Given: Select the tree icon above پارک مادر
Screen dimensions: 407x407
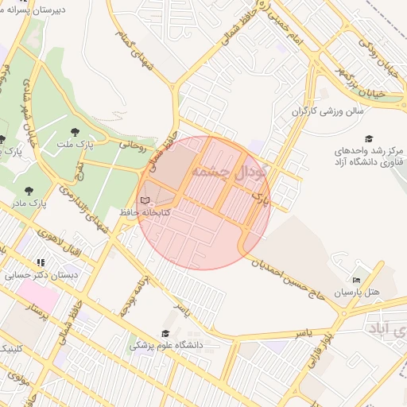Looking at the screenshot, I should [29, 191].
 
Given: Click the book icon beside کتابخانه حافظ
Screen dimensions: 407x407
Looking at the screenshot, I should [144, 200].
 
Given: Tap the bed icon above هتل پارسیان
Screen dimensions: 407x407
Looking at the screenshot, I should [356, 281].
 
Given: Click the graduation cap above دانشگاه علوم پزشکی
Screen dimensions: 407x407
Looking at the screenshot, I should [165, 334].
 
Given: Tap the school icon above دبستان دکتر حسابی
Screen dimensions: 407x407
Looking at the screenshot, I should [40, 262].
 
